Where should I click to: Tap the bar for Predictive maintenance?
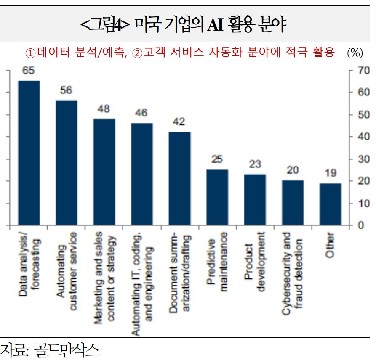pos(217,197)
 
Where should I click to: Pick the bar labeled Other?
pos(330,204)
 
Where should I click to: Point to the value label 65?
pos(28,71)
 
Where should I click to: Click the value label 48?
pos(104,109)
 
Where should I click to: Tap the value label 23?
pos(255,164)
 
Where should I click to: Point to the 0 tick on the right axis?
pos(360,225)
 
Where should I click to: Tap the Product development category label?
pos(255,261)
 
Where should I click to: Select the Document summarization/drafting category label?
pos(179,272)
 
